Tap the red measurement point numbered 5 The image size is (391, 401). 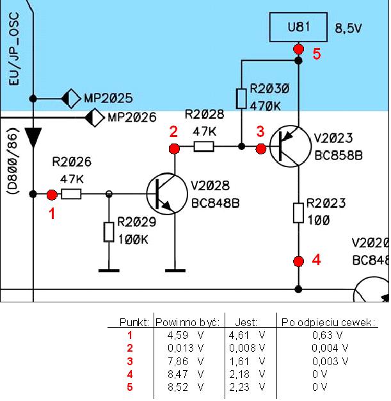pyautogui.click(x=298, y=49)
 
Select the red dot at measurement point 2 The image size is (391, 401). pyautogui.click(x=174, y=149)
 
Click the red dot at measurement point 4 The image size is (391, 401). pyautogui.click(x=298, y=261)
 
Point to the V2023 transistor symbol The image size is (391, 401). pyautogui.click(x=291, y=146)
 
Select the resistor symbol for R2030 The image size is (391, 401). pyautogui.click(x=241, y=99)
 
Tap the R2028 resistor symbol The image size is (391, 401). pyautogui.click(x=203, y=147)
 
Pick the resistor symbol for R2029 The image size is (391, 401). pyautogui.click(x=109, y=233)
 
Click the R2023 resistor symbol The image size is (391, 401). pyautogui.click(x=298, y=213)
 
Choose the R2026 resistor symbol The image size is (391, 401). pyautogui.click(x=71, y=194)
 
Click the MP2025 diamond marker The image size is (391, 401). pyautogui.click(x=71, y=99)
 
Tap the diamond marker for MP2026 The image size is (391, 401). pyautogui.click(x=95, y=118)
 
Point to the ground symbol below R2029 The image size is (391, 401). pyautogui.click(x=109, y=270)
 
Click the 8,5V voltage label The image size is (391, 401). pyautogui.click(x=349, y=28)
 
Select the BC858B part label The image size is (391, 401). pyautogui.click(x=339, y=156)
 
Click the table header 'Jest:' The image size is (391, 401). pyautogui.click(x=246, y=322)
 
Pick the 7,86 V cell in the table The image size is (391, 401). pyautogui.click(x=186, y=361)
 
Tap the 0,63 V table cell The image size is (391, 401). pyautogui.click(x=328, y=335)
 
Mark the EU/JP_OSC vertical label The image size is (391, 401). pyautogui.click(x=14, y=49)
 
